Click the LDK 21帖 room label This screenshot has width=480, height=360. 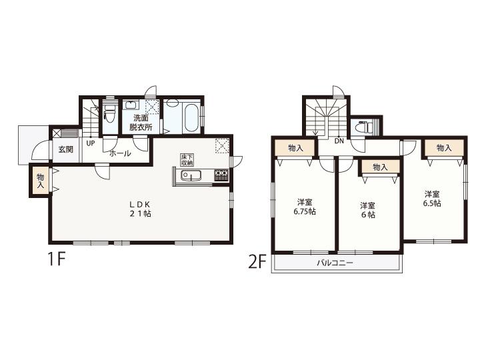tap(140, 209)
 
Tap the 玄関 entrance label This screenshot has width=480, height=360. tap(66, 150)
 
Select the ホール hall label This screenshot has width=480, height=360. tap(120, 153)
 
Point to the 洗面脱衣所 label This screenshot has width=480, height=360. tap(141, 123)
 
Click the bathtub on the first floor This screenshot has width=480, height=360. tap(191, 118)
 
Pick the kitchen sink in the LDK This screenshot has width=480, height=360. tap(191, 176)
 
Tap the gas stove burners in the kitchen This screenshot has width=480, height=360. tap(221, 175)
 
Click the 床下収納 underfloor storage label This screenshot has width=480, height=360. tap(187, 160)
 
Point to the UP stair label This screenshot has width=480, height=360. tap(90, 143)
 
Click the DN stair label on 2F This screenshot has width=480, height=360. tap(339, 141)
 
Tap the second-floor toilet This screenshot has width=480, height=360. tap(363, 126)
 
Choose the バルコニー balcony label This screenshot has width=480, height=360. tap(335, 263)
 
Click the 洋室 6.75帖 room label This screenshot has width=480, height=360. tap(305, 207)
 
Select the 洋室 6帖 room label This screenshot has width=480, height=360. tap(367, 210)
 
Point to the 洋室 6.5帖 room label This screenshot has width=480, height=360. tap(432, 199)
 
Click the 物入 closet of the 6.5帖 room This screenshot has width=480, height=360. tap(444, 148)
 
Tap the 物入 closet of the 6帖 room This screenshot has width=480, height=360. tap(381, 167)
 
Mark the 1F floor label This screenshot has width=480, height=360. tap(56, 260)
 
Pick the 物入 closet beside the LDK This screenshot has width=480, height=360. tap(40, 181)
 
